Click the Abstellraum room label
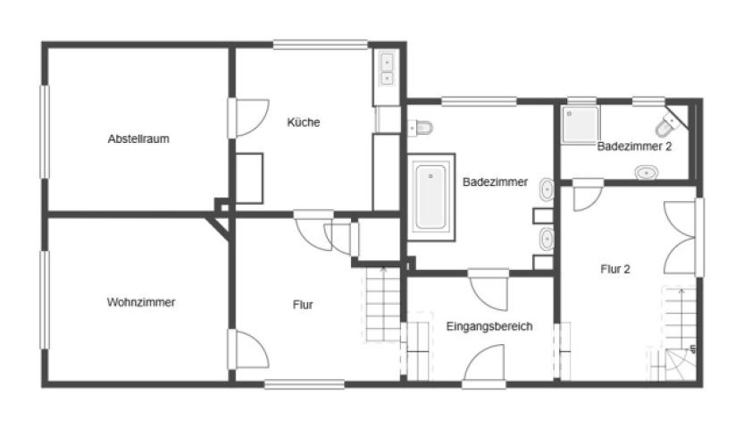pos(138,139)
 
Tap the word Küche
pos(303,122)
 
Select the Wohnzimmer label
pos(141,302)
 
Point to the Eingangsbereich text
pos(489,326)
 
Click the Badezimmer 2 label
pos(634,147)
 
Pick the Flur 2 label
pos(615,270)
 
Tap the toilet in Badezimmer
pos(421,128)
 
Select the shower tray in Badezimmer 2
pos(581,125)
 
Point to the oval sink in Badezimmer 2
pos(647,172)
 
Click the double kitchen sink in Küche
pos(388,70)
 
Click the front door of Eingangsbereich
pos(484,366)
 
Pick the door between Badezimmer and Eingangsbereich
pos(489,290)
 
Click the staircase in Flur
pos(383,304)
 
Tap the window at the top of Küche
pos(321,45)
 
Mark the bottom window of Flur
pos(305,384)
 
